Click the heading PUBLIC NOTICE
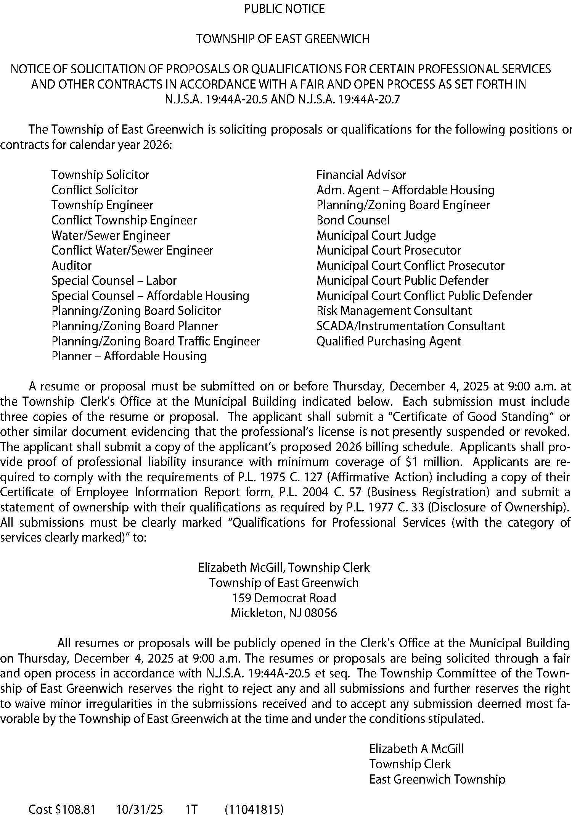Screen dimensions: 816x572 (x=284, y=8)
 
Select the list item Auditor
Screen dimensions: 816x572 (x=71, y=265)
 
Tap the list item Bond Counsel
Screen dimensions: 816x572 (x=353, y=220)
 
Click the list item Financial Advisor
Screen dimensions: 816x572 (x=361, y=175)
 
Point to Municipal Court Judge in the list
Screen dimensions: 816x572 (x=376, y=235)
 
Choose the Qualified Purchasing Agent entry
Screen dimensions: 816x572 (x=389, y=341)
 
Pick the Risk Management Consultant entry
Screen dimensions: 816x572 (x=394, y=311)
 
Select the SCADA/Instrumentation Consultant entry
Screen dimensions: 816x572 (x=410, y=326)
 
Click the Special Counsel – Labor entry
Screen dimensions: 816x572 (x=114, y=281)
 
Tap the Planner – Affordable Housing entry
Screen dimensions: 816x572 (x=129, y=356)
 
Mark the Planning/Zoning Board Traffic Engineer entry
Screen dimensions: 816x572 (x=156, y=341)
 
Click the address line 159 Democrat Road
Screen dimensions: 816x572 (x=284, y=598)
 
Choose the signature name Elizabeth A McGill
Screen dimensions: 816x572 (x=416, y=749)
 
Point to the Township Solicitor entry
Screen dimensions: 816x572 (x=100, y=175)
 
